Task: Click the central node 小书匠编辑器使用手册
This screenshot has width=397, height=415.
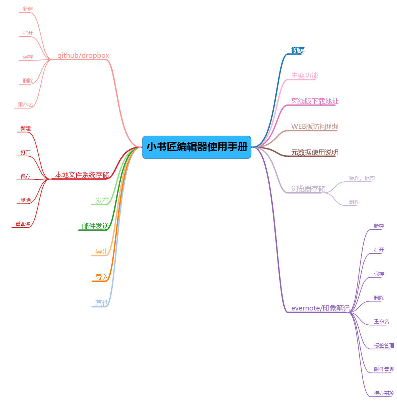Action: tap(197, 147)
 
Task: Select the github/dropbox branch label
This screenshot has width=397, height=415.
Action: tap(83, 55)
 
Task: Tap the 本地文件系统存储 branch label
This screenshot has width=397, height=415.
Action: tap(82, 175)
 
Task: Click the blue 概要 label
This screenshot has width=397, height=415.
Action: tap(298, 50)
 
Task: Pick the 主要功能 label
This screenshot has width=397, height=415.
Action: tap(305, 75)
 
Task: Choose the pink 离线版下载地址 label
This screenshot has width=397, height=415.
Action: tap(315, 101)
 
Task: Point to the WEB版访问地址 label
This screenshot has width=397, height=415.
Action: tap(315, 126)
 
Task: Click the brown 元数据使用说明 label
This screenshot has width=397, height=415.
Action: tap(315, 152)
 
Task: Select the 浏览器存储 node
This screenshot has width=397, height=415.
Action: tap(308, 189)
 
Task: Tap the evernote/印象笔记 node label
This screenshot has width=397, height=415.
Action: tap(320, 308)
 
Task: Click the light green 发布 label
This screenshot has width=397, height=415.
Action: tap(102, 201)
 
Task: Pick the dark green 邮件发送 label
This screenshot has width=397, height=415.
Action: tap(95, 226)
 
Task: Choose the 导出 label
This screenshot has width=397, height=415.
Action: tap(102, 252)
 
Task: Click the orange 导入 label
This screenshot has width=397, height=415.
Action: tap(102, 277)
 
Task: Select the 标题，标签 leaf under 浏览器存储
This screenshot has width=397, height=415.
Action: tap(362, 178)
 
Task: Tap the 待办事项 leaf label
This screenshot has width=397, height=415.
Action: tap(384, 393)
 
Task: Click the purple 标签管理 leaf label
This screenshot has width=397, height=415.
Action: tap(384, 346)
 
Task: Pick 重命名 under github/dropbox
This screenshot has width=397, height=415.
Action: tap(25, 105)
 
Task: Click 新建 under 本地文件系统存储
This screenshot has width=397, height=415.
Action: tap(25, 129)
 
